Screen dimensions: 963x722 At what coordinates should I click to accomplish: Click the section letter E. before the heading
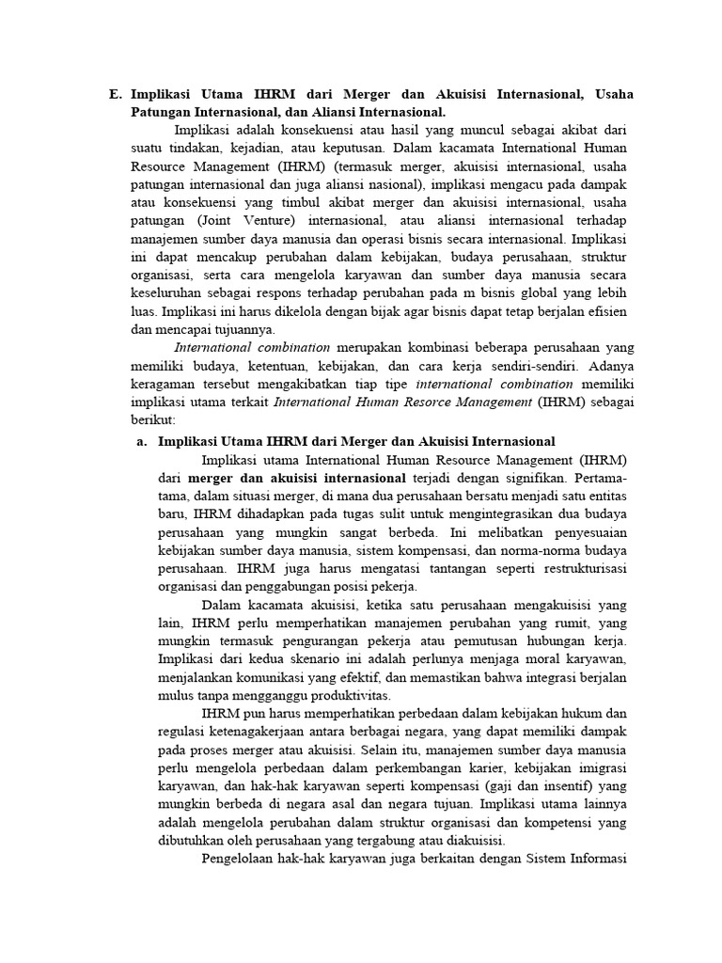[x=116, y=94]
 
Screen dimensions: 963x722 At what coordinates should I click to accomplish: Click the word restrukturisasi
[x=576, y=569]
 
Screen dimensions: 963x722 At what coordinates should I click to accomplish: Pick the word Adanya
[x=605, y=366]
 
